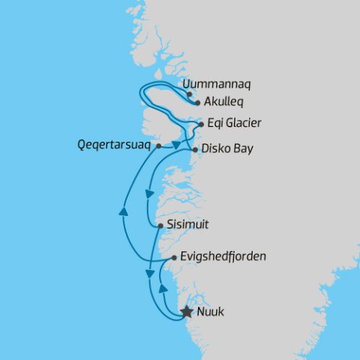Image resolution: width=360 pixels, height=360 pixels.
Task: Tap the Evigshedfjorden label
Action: pos(223,256)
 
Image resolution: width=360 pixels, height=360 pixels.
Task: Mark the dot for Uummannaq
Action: pos(189,94)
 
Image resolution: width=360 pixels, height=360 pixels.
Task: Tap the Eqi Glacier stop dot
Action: pos(201,124)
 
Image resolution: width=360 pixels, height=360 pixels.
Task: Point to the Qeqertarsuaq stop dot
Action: pos(157,147)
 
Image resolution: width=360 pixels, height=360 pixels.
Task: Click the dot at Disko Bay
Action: pos(195,150)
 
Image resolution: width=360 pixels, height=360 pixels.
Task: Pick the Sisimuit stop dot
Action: pos(160,225)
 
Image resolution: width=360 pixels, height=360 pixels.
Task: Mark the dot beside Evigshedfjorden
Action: pos(174,258)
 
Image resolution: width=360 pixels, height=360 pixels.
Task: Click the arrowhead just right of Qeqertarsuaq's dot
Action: pos(177,143)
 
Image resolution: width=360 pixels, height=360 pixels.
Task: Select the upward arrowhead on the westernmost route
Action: pos(123,213)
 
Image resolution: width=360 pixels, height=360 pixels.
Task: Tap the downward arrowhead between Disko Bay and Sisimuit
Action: pos(148,194)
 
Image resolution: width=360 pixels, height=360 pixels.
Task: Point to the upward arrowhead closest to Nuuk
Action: pos(162,287)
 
